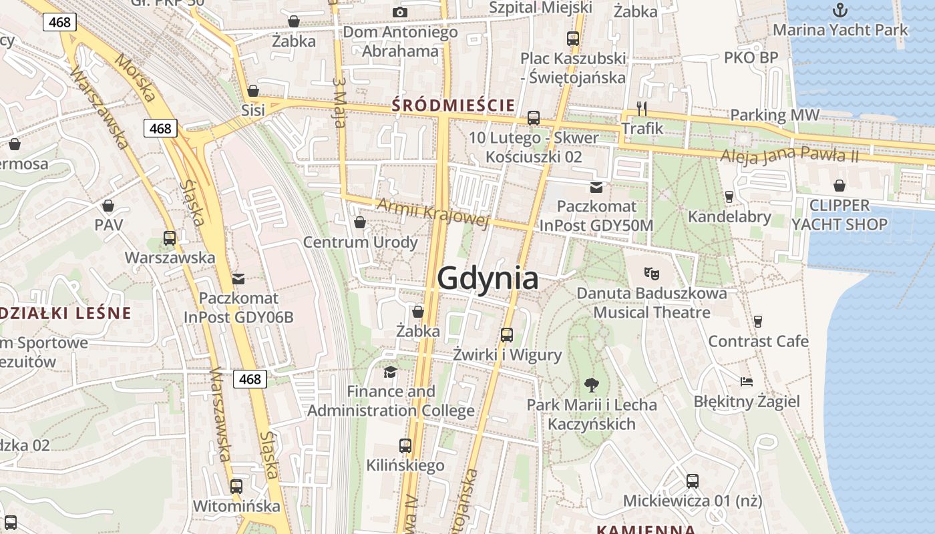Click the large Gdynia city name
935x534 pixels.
(x=488, y=278)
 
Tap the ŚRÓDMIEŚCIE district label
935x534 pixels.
(x=453, y=105)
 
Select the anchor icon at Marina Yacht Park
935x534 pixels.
(x=840, y=10)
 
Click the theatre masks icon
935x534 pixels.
(x=651, y=272)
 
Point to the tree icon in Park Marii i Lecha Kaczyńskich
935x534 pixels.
(x=591, y=384)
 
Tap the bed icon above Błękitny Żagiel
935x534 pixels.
(x=747, y=382)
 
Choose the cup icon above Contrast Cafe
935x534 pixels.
(x=757, y=322)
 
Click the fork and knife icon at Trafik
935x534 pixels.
(x=642, y=108)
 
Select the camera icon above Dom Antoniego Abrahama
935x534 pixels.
(x=400, y=12)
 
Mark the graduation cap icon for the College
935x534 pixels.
(x=391, y=372)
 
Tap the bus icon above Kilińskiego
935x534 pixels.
(x=405, y=445)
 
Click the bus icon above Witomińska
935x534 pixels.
(x=236, y=486)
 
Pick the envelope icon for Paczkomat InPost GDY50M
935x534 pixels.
(x=596, y=187)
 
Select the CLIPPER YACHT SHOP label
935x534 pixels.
(x=839, y=215)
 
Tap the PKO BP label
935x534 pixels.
(x=751, y=58)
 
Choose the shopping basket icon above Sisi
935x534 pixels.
(x=253, y=91)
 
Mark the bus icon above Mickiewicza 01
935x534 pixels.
(x=693, y=481)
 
